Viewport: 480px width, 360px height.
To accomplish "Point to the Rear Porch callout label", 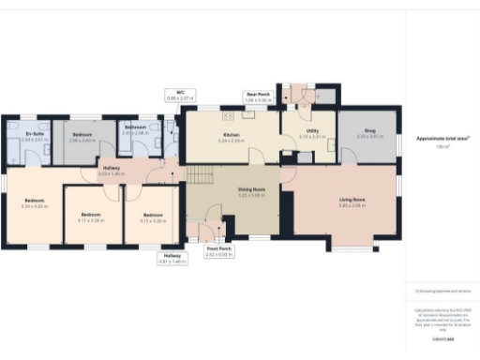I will click(258, 95).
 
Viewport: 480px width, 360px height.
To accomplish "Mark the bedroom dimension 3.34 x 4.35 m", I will click(34, 207).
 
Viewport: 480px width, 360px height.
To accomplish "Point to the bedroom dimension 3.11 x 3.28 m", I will click(91, 221).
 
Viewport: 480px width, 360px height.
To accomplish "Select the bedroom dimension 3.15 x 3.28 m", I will click(153, 221).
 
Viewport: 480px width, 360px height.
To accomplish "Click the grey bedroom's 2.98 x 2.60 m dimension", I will click(83, 141).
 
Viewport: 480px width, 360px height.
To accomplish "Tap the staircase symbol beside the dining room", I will click(199, 175).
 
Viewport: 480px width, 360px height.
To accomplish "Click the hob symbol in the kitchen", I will click(226, 116).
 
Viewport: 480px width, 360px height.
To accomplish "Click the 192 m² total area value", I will click(442, 147).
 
